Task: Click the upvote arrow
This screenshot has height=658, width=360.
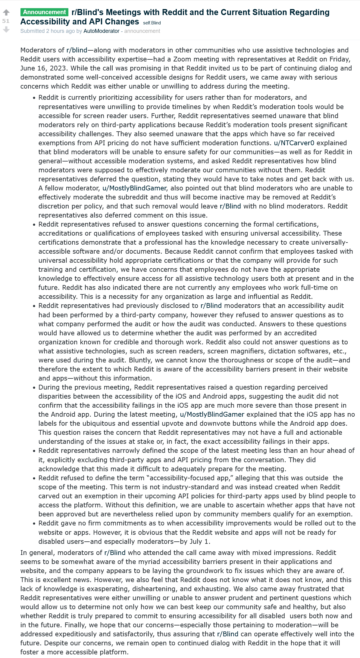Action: click(6, 12)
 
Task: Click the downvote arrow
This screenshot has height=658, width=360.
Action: click(6, 30)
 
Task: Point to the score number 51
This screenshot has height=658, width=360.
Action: click(6, 21)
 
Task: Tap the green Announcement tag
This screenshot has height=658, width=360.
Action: click(44, 12)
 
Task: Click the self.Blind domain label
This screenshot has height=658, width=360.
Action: click(152, 23)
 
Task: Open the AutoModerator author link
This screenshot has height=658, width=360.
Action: click(102, 31)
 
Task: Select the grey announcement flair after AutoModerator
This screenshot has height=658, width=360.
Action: click(142, 31)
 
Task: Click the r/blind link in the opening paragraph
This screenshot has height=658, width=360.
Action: click(77, 50)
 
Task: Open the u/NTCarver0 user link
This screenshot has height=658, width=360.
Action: click(294, 143)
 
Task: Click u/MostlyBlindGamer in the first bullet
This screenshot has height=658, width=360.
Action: click(134, 188)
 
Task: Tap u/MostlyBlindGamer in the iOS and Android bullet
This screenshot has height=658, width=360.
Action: click(212, 414)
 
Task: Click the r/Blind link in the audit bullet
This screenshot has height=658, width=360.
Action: click(211, 305)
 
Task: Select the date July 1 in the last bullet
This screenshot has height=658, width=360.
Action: click(199, 541)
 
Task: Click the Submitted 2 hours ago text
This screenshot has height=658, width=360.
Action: click(47, 31)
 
